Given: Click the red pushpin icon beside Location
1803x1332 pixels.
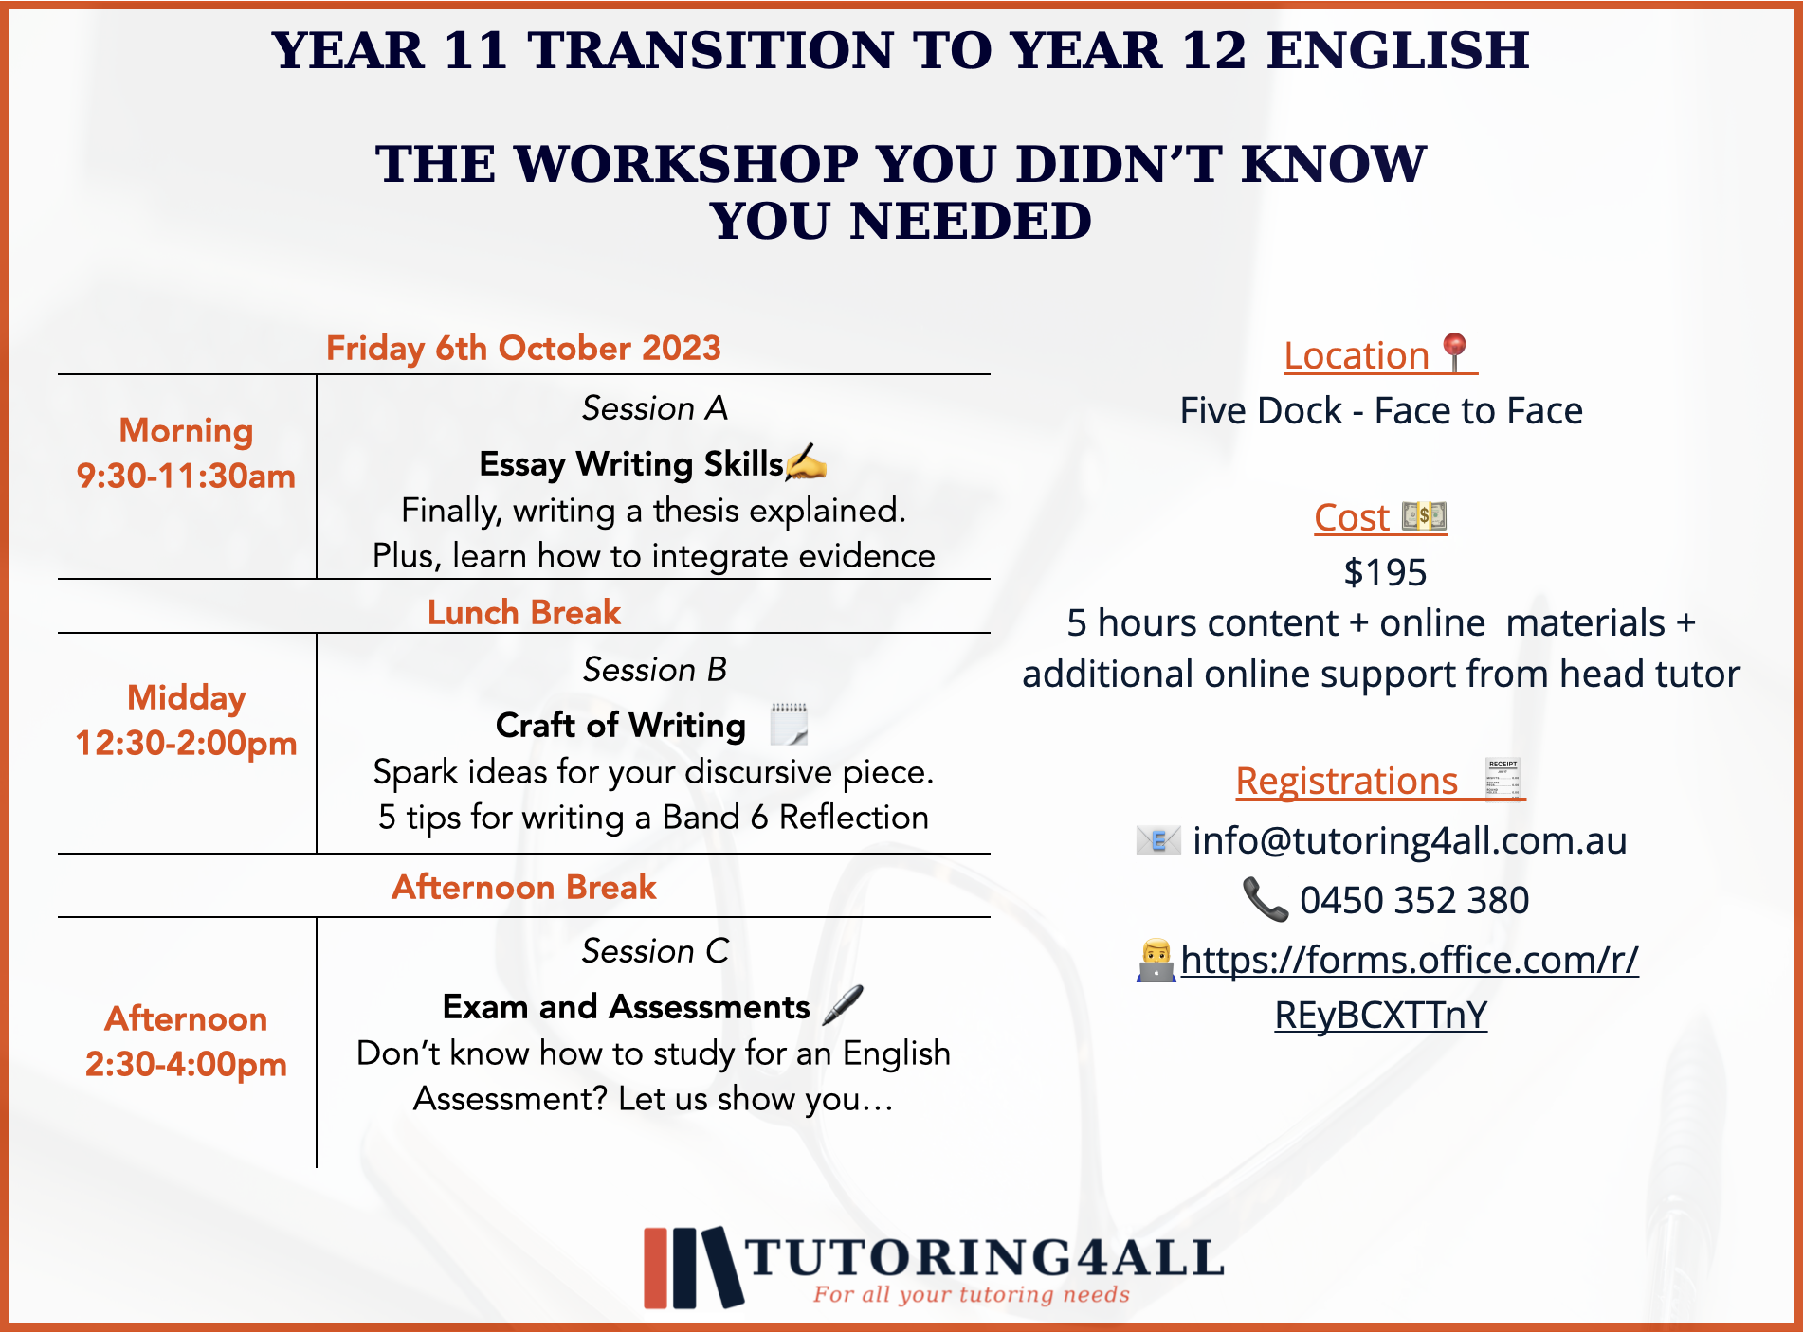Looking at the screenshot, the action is point(1455,352).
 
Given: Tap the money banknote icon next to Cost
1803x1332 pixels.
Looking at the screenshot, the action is point(1424,516).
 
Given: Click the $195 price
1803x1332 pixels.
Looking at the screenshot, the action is point(1385,572).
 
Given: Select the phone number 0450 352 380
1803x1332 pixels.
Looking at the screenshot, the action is point(1414,900).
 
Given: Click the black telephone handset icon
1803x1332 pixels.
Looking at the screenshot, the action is point(1266,899).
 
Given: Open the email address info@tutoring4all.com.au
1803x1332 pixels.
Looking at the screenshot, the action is point(1410,840).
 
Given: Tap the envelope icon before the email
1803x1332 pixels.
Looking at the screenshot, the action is point(1158,839).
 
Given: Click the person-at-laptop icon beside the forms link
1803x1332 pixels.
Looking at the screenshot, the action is point(1156,961).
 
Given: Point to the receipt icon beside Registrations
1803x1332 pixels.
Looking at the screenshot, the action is point(1503,779).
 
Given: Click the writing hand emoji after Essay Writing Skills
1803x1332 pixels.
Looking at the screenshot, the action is point(806,461).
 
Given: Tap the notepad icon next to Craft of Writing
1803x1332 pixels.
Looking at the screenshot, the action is point(789,724).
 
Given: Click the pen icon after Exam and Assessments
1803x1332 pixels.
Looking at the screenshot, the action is point(843,1004).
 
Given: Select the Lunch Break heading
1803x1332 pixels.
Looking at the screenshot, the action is point(524,612).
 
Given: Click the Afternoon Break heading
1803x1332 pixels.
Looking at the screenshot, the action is point(524,887).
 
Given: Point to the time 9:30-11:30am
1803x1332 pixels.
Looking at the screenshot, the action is point(186,476).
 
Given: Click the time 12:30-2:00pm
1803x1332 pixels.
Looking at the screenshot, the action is point(186,743).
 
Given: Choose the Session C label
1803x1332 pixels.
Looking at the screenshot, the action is point(655,950).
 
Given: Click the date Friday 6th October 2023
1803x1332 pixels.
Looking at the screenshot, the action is point(523,348).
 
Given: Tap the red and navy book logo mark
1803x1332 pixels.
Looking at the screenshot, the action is point(693,1268).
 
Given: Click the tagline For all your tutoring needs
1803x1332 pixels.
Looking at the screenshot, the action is point(972,1294).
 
